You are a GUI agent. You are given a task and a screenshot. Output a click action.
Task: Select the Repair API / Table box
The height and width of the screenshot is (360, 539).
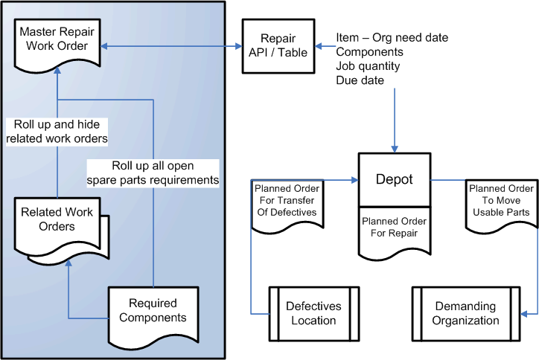277,45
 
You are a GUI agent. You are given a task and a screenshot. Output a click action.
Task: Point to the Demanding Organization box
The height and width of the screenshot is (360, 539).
466,313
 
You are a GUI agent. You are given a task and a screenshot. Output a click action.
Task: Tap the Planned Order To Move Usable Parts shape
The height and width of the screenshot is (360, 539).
500,202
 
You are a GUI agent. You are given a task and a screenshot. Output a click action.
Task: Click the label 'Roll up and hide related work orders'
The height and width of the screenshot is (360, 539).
61,131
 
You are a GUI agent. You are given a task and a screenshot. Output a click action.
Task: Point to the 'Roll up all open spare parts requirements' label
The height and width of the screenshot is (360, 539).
153,173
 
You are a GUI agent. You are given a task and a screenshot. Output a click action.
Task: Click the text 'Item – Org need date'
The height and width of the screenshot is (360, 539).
392,37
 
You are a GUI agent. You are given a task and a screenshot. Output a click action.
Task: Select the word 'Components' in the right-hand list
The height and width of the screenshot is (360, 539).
370,52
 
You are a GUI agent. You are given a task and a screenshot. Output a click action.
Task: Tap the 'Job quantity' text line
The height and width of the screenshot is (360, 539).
368,66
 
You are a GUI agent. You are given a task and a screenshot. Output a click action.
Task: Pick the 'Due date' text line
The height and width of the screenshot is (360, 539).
360,80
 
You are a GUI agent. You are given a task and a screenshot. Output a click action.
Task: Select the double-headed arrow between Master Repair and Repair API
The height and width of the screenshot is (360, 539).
173,47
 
